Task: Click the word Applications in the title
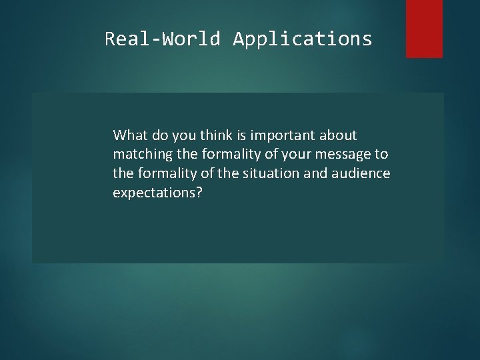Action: point(303,39)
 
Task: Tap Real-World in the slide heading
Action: point(162,39)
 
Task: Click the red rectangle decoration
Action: point(424,28)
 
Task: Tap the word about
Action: point(339,136)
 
